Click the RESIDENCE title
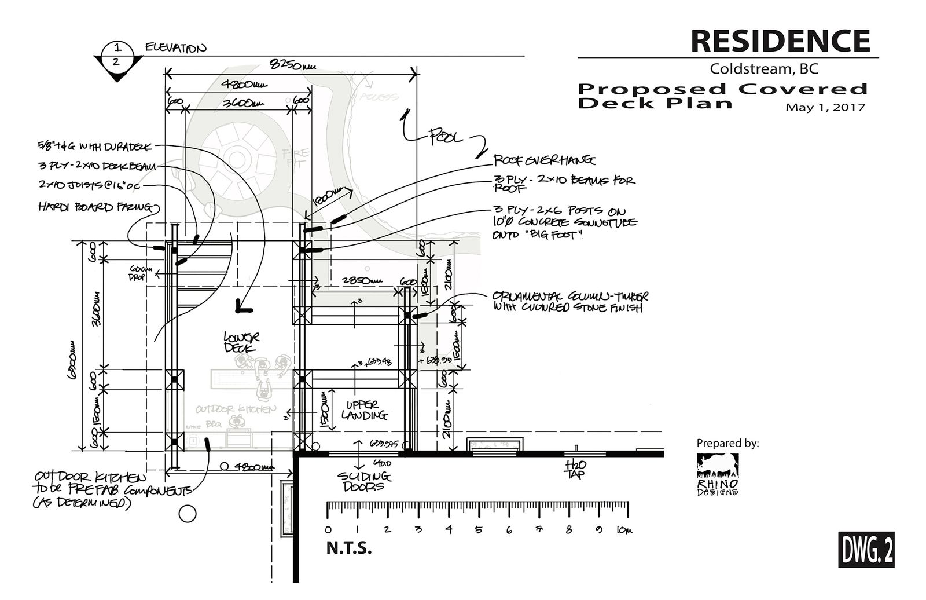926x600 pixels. (780, 40)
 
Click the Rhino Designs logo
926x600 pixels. (718, 474)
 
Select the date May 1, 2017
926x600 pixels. (825, 107)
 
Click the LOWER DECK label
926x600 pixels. (242, 342)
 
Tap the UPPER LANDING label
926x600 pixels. (364, 410)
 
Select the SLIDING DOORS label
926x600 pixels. (365, 481)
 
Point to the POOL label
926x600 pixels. (446, 138)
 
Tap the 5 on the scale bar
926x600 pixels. (479, 529)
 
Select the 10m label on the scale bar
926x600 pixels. (623, 529)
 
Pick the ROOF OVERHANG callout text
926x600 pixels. (544, 160)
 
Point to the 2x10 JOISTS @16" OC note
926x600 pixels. (89, 186)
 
